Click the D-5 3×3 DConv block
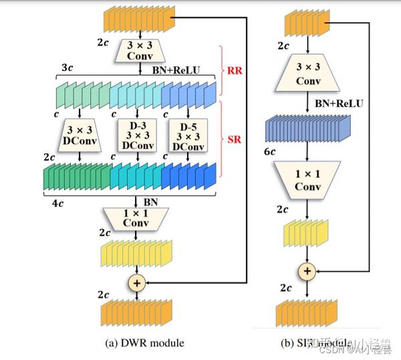[x=188, y=136]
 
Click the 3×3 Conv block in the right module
[x=307, y=74]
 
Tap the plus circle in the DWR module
[x=136, y=283]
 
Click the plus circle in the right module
[x=307, y=271]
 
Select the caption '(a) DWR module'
[x=144, y=343]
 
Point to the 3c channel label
[x=66, y=68]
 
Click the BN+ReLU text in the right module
[x=340, y=104]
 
